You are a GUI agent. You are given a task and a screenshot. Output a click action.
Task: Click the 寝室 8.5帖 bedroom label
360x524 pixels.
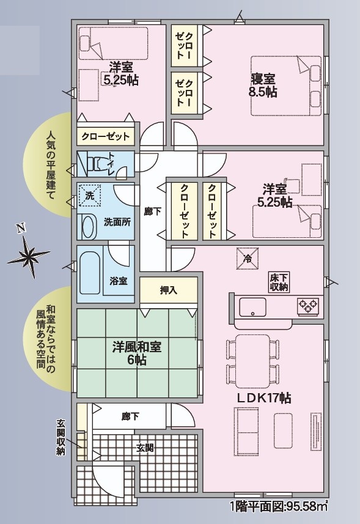click(x=263, y=86)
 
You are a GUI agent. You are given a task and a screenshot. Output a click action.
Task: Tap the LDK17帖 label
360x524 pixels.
click(x=264, y=398)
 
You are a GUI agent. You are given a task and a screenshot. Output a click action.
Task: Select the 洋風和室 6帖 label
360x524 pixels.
click(x=136, y=353)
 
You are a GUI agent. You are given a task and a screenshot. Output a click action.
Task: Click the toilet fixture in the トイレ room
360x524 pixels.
click(x=97, y=163)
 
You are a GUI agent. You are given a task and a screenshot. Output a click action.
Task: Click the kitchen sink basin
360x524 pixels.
click(x=253, y=306)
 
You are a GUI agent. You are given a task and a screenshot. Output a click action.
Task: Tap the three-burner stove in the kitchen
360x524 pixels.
click(x=307, y=307)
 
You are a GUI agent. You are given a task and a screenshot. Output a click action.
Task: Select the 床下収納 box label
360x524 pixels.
click(x=279, y=282)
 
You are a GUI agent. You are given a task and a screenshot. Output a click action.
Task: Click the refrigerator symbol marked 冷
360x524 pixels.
click(x=248, y=258)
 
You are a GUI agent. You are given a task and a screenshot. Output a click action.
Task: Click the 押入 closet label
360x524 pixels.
click(x=168, y=290)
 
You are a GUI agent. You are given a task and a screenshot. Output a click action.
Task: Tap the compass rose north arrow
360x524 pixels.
click(x=28, y=254)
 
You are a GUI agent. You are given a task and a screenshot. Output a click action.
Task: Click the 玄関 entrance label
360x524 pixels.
click(x=145, y=448)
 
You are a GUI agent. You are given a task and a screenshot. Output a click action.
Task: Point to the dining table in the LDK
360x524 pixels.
click(x=253, y=361)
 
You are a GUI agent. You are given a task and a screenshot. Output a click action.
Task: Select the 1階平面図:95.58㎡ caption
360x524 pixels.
click(x=279, y=506)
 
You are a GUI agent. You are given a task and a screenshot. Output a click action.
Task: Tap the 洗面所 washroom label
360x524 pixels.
click(x=117, y=222)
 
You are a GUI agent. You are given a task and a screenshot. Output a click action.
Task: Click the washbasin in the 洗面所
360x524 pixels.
click(x=89, y=227)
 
